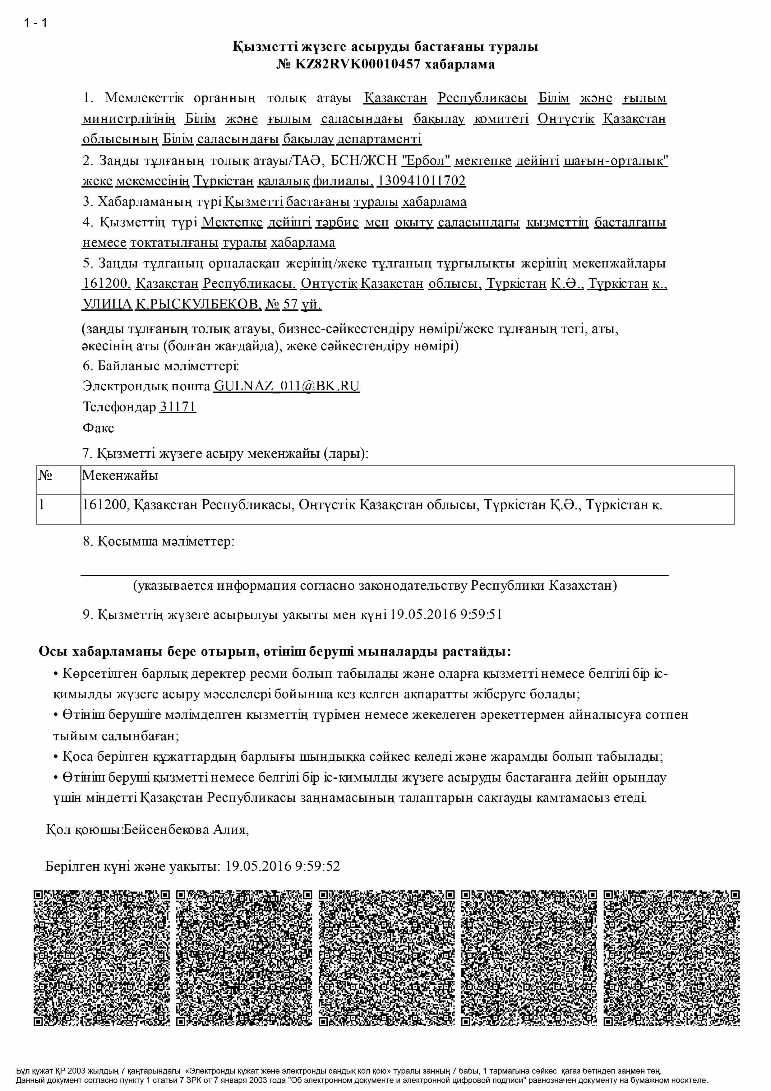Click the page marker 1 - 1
[36, 22]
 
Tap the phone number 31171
[177, 407]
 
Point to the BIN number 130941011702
[421, 181]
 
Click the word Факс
[98, 428]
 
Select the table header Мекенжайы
[120, 475]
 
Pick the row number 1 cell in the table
[42, 505]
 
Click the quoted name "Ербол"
[426, 160]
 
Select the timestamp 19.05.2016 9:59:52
[282, 866]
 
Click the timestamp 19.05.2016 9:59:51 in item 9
[446, 615]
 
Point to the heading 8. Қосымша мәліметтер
[159, 541]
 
